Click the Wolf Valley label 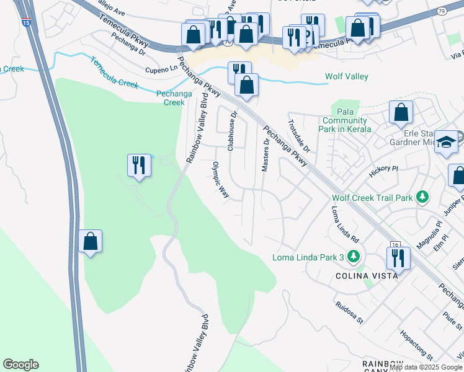[x=347, y=76]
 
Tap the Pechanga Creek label [x=170, y=97]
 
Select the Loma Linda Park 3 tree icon [x=354, y=255]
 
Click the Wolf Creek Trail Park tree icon [x=422, y=197]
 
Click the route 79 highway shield [x=441, y=11]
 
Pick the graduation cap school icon [x=446, y=142]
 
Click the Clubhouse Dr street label [x=233, y=131]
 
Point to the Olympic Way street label [x=221, y=180]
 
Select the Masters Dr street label [x=266, y=155]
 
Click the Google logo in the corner [x=20, y=365]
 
